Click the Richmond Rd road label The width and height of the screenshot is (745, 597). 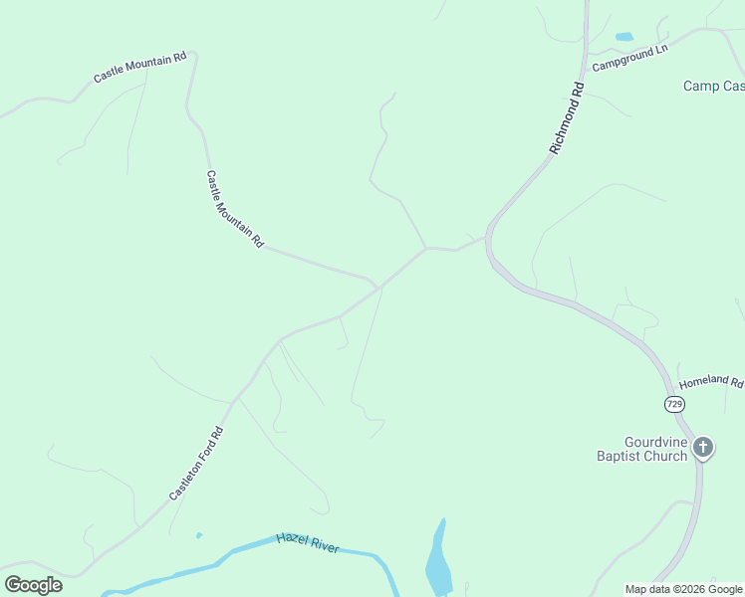click(x=567, y=118)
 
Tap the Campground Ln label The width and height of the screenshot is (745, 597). click(x=629, y=58)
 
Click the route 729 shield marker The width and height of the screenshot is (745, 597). click(x=674, y=404)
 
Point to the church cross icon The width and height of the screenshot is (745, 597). click(x=703, y=448)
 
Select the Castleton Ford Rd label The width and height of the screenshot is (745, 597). click(x=196, y=464)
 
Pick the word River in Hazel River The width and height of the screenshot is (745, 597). click(x=325, y=547)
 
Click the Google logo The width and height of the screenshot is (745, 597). click(x=34, y=585)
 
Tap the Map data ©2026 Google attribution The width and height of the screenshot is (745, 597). click(x=683, y=589)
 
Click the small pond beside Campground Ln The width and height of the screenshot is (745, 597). click(x=624, y=37)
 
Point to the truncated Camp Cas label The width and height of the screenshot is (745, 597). click(x=713, y=87)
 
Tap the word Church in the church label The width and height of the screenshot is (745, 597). click(x=665, y=457)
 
